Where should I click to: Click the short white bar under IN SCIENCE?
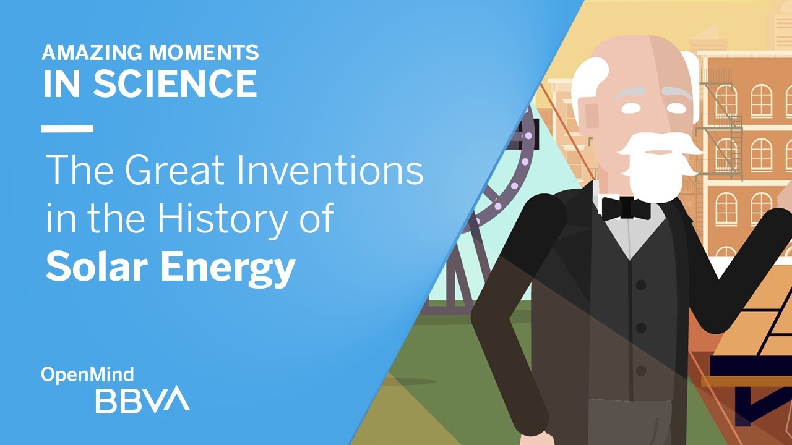pyautogui.click(x=67, y=129)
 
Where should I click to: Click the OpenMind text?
pyautogui.click(x=87, y=375)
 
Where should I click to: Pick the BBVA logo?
pyautogui.click(x=142, y=399)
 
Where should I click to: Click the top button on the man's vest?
pyautogui.click(x=641, y=284)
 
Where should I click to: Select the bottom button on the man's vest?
pyautogui.click(x=641, y=371)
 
